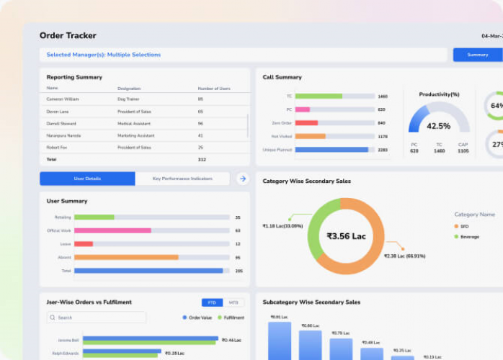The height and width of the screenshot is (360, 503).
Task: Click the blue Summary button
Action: pyautogui.click(x=477, y=55)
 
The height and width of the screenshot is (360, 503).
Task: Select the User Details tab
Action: pyautogui.click(x=87, y=179)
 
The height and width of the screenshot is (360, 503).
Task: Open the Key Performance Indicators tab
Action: pyautogui.click(x=182, y=179)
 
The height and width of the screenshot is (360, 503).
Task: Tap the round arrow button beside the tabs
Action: pyautogui.click(x=243, y=179)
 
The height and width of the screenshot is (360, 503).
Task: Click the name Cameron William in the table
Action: pyautogui.click(x=63, y=99)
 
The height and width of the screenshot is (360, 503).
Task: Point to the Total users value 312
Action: pyautogui.click(x=202, y=159)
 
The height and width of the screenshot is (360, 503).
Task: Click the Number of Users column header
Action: pyautogui.click(x=214, y=88)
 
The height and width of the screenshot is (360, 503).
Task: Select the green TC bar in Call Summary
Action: pyautogui.click(x=319, y=96)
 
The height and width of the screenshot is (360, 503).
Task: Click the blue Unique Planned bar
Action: pyautogui.click(x=331, y=150)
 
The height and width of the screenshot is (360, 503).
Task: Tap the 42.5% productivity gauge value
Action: pyautogui.click(x=438, y=126)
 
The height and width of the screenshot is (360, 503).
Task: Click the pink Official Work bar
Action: pyautogui.click(x=112, y=230)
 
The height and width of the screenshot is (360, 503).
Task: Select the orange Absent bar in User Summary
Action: pyautogui.click(x=126, y=257)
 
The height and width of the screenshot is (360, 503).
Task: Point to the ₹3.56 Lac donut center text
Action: pyautogui.click(x=346, y=236)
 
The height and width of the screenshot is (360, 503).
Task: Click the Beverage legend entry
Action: pyautogui.click(x=469, y=236)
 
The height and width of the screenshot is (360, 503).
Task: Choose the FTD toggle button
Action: pyautogui.click(x=212, y=302)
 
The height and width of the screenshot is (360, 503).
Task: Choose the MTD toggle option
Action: pyautogui.click(x=233, y=302)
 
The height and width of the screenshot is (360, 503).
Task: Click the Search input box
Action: pyautogui.click(x=97, y=318)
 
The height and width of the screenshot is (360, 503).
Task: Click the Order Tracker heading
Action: pyautogui.click(x=68, y=35)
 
